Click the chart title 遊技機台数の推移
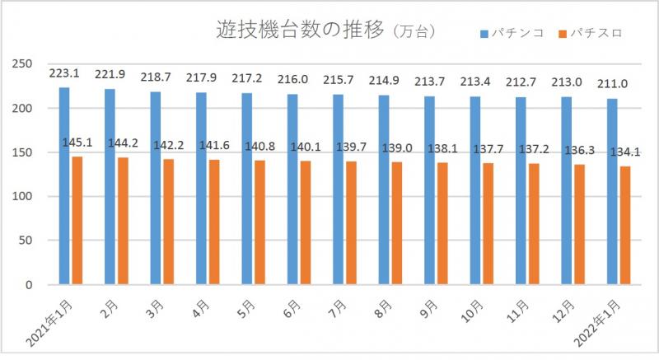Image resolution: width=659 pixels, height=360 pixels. pyautogui.click(x=299, y=31)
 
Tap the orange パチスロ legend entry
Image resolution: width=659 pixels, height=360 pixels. pyautogui.click(x=588, y=34)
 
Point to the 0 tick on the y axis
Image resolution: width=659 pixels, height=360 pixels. pyautogui.click(x=27, y=285)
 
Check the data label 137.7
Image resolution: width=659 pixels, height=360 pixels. pyautogui.click(x=488, y=150)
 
